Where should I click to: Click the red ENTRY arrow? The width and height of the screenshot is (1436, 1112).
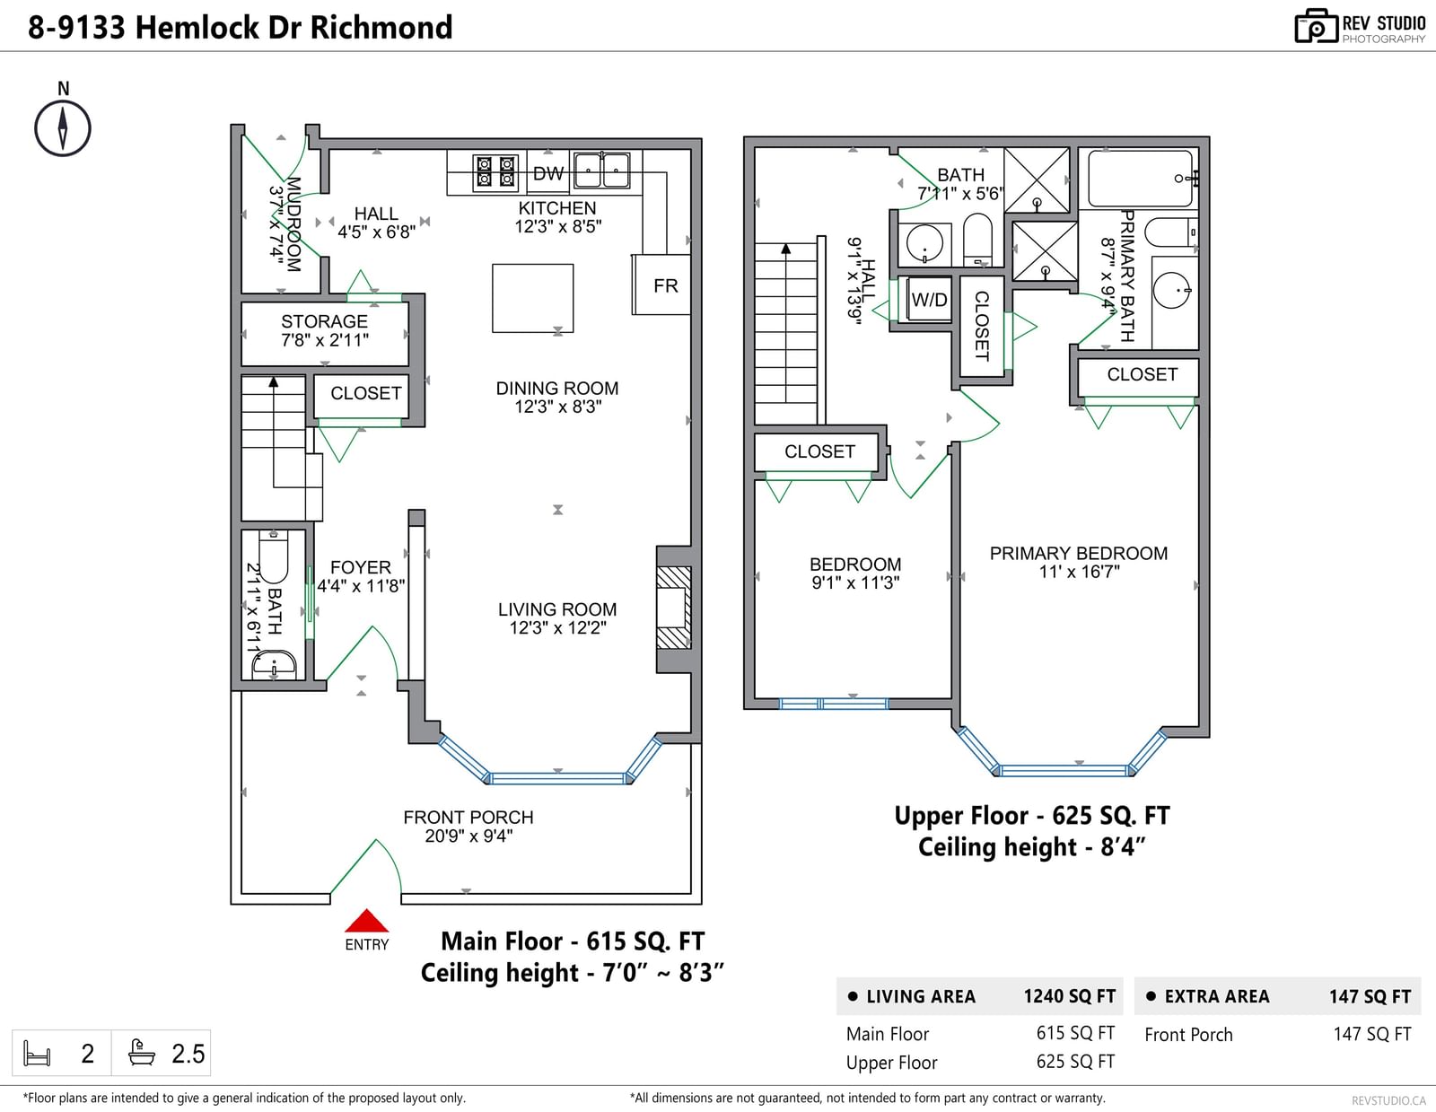(367, 921)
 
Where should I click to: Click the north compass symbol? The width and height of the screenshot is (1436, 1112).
(63, 128)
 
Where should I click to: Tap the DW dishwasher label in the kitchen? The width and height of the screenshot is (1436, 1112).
(547, 173)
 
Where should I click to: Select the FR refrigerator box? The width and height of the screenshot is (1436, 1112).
(661, 285)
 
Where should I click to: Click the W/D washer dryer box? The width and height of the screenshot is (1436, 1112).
(929, 299)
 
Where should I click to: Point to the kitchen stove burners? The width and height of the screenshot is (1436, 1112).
(495, 171)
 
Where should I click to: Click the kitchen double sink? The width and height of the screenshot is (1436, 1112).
(602, 170)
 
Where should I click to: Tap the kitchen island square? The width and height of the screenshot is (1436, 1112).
(532, 298)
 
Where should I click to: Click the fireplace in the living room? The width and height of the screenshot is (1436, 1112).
(674, 608)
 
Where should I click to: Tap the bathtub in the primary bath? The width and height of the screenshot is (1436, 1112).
(1141, 179)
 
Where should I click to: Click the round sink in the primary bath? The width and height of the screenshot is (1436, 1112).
(1171, 290)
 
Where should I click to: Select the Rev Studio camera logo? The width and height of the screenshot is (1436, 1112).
(1316, 26)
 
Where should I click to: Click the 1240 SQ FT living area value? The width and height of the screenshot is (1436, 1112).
(1069, 996)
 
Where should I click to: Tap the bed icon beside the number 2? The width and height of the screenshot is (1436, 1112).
(37, 1053)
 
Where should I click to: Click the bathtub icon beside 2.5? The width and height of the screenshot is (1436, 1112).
(142, 1052)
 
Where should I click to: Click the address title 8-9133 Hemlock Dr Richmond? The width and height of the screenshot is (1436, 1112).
(240, 27)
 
